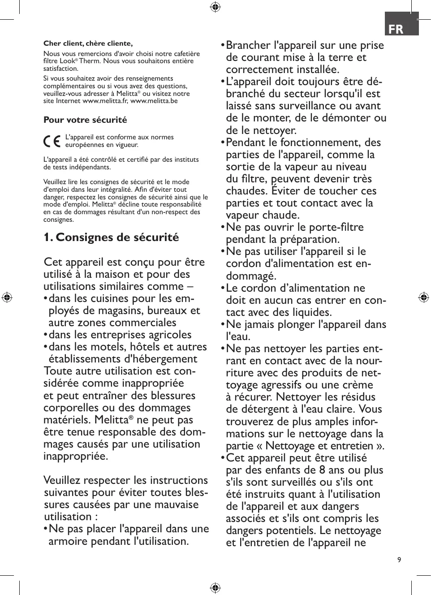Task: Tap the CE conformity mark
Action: (52, 142)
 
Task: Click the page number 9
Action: (399, 560)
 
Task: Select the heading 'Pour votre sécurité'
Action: (85, 120)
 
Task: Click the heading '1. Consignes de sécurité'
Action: (111, 237)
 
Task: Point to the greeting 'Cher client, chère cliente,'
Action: (88, 43)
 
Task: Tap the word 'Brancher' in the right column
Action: (248, 45)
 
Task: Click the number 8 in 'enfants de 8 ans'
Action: (322, 470)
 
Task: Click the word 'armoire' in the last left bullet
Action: (67, 541)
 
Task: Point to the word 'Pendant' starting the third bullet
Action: (247, 142)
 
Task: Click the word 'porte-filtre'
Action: (335, 227)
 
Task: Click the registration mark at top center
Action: (215, 7)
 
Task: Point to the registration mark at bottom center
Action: (215, 588)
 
